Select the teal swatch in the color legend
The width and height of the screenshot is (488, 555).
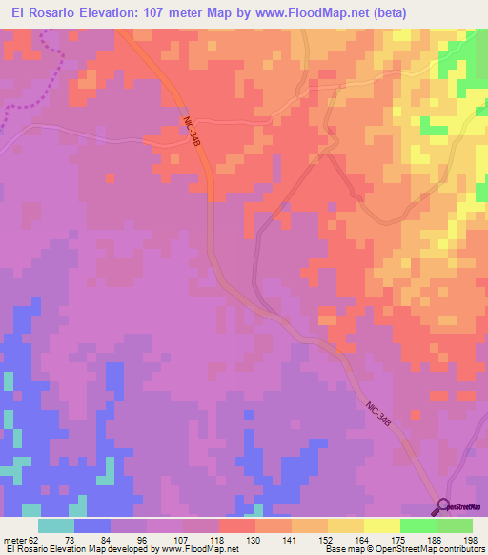coord(56,525)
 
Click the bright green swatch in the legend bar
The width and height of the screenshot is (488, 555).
coord(417,525)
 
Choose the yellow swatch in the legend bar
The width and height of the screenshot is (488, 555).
coord(381,525)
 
